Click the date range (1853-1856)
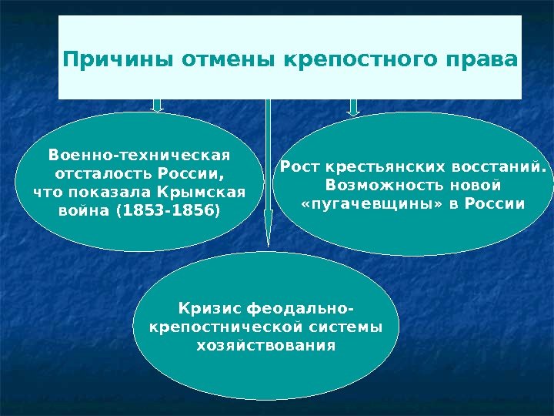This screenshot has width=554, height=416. [x=166, y=210]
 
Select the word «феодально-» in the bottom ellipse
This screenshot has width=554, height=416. [x=300, y=310]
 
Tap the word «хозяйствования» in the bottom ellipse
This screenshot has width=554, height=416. [x=266, y=346]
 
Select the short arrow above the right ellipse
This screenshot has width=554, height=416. [x=353, y=107]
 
